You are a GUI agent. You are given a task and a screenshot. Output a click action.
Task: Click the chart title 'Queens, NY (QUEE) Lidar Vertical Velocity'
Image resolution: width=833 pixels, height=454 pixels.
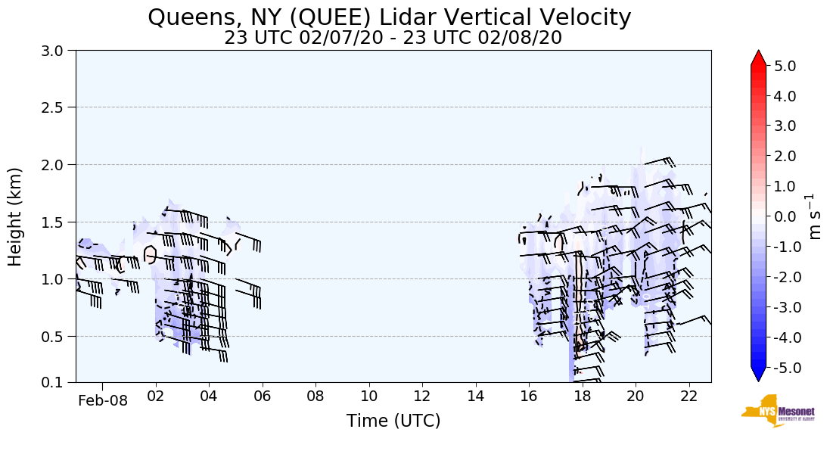coord(390,17)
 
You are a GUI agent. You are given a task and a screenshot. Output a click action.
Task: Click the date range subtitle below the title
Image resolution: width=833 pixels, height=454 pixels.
coord(393,38)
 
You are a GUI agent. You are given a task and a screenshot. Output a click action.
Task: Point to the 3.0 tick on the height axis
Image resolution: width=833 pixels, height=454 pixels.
coord(58,51)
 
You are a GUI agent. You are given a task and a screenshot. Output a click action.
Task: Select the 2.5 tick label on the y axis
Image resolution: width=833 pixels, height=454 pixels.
coord(58,107)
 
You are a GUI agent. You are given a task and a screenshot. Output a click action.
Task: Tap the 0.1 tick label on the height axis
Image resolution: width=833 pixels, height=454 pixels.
coord(58,383)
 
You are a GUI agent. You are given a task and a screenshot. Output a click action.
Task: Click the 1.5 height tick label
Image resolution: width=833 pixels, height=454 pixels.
coord(58,222)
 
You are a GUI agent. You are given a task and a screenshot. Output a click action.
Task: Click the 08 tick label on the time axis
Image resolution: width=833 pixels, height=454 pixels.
coord(315,396)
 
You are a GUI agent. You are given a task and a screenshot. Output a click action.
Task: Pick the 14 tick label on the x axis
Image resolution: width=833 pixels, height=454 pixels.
coord(475,396)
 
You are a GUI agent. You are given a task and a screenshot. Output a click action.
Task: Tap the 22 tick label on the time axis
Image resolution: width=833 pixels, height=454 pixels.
coord(688,396)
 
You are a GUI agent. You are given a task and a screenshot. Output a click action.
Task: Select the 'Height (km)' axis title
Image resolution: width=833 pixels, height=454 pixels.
coord(16,216)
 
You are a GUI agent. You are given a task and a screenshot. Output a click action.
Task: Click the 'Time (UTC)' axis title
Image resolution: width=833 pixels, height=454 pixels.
coord(393,421)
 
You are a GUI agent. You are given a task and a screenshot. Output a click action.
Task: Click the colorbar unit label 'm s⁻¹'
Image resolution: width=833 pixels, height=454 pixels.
coord(815,216)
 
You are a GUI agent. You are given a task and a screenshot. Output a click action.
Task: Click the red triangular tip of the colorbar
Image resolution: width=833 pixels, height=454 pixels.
coord(758,58)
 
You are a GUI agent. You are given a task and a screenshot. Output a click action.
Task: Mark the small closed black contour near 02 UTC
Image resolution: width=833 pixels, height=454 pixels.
coord(150,254)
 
